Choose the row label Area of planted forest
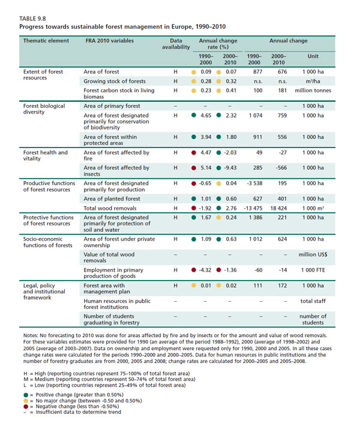pyautogui.click(x=112, y=199)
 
